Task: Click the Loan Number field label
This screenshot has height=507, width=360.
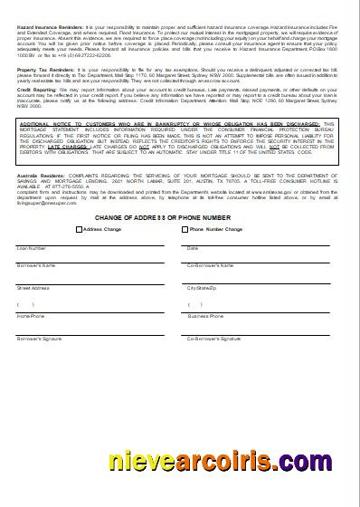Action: pos(32,247)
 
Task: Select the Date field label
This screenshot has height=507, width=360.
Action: pos(193,247)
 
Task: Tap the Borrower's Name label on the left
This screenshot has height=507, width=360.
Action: pos(36,265)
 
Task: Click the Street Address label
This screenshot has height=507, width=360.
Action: pos(33,287)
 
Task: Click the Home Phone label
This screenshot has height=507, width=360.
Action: pos(30,317)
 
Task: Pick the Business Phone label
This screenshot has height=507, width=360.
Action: pos(205,317)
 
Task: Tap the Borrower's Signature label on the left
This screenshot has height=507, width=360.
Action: pos(39,339)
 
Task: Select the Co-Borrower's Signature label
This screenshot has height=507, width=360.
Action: pos(213,339)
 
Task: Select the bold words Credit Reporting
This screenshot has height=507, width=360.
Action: pos(35,91)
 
